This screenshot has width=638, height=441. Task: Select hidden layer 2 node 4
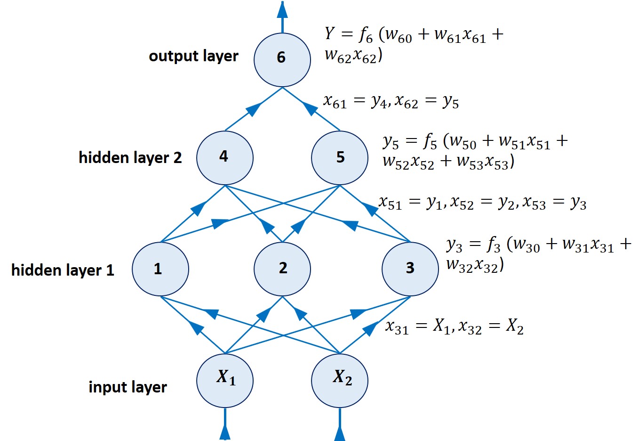point(225,157)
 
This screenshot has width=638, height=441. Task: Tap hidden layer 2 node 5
point(340,157)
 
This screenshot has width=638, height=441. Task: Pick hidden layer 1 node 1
point(160,269)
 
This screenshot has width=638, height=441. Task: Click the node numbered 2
point(282,269)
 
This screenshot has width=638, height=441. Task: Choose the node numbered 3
point(410,269)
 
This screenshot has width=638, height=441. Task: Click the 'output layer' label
point(193,56)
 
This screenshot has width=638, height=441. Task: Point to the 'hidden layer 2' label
point(130,157)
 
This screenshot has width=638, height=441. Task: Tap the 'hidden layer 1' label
point(63,270)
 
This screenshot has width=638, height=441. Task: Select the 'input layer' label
point(128,387)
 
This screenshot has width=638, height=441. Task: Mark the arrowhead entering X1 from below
point(225,432)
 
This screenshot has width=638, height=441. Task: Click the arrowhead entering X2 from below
point(340,432)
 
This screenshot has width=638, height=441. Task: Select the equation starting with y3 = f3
point(538,254)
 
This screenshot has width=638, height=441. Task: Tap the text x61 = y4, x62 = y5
point(391,101)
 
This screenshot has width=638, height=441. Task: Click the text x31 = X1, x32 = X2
point(454,327)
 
